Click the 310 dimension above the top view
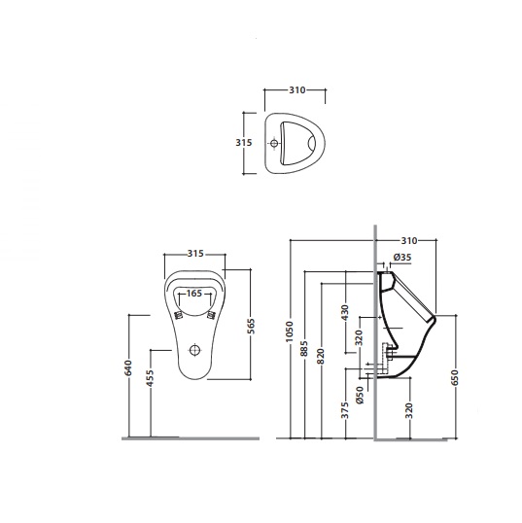[296, 90]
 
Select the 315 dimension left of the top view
[244, 143]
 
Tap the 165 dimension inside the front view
[194, 294]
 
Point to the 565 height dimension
[252, 327]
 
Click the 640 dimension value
[128, 367]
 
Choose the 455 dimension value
[151, 378]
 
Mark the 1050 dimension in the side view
[289, 331]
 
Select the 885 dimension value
[304, 349]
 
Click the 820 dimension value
[321, 356]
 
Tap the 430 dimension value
[345, 312]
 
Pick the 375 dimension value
[345, 410]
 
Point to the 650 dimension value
[455, 377]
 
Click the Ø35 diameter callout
[402, 258]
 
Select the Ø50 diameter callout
[360, 396]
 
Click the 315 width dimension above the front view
[195, 254]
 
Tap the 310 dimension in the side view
[409, 240]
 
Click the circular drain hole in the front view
[194, 350]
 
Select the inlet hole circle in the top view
[274, 144]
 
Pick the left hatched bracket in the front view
[179, 315]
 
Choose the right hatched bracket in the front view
[211, 315]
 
